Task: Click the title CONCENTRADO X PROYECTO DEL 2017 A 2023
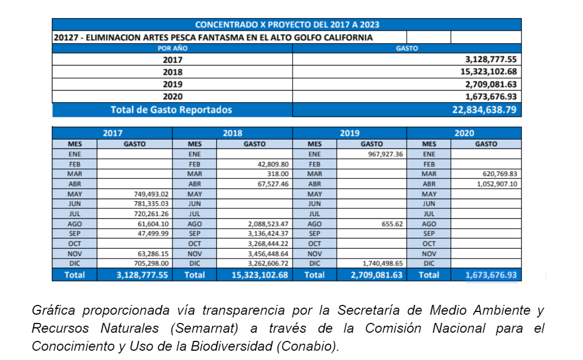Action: tap(287, 25)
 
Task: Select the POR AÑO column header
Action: tap(172, 49)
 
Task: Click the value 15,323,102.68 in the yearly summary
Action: tap(488, 72)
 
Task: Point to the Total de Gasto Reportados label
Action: tap(171, 110)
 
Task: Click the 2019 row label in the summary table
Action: tap(172, 85)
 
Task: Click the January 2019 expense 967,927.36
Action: tap(382, 154)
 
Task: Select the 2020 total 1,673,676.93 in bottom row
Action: tap(491, 275)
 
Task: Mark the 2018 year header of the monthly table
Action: tap(232, 133)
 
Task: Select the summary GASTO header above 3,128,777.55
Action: tap(406, 49)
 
